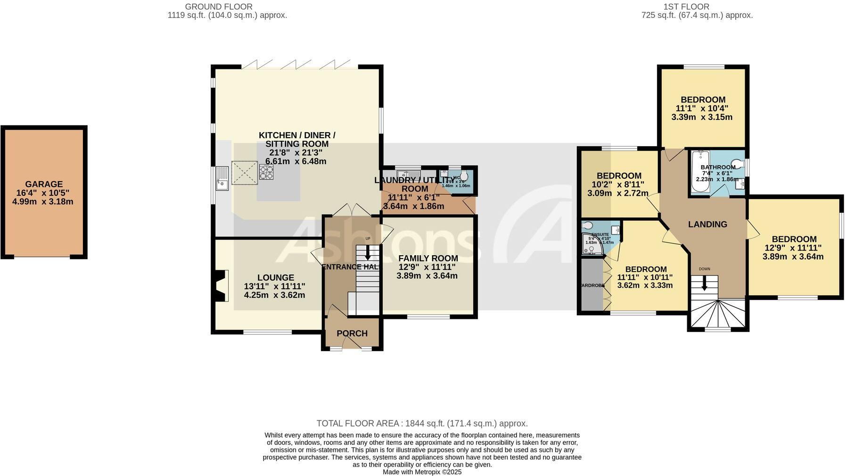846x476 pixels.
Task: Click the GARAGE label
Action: click(x=44, y=184)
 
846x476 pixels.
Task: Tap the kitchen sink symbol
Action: click(x=222, y=178)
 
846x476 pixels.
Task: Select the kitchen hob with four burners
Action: click(x=266, y=173)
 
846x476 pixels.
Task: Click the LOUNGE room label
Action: click(x=275, y=278)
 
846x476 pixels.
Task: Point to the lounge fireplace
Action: click(x=221, y=286)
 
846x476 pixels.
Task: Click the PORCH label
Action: click(x=352, y=334)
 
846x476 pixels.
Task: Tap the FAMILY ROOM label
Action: click(x=428, y=258)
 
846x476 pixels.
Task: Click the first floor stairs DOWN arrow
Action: click(x=705, y=283)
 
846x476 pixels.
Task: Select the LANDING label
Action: click(x=707, y=225)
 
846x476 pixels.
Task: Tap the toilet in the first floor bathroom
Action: click(x=740, y=165)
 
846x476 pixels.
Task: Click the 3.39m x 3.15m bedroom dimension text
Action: click(x=702, y=117)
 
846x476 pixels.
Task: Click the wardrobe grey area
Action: click(x=591, y=285)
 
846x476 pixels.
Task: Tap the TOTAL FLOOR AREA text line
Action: click(x=422, y=424)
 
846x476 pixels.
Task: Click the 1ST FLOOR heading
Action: click(x=686, y=7)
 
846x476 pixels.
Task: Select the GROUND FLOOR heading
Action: click(x=219, y=7)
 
